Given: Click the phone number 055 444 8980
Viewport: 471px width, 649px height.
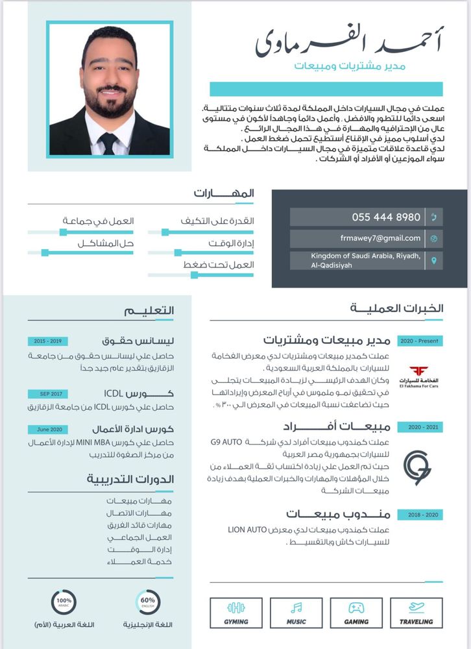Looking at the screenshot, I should [x=386, y=217].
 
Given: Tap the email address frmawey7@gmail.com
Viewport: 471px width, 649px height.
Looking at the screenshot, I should [x=380, y=238].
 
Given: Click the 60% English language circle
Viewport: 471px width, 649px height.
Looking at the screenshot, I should [x=147, y=602].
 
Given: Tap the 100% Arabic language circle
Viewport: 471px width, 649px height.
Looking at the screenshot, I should [x=64, y=602].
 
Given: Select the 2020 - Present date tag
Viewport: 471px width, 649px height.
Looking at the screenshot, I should [x=420, y=341].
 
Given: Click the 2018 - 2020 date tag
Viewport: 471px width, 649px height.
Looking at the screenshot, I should [x=420, y=515].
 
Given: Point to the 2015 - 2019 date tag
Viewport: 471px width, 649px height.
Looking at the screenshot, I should [x=48, y=341].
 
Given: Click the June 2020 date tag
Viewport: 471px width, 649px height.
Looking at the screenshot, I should [x=48, y=430].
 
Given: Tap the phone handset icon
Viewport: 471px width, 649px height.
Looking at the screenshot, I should [x=433, y=217].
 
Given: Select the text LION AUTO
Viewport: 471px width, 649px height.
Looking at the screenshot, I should [x=245, y=530].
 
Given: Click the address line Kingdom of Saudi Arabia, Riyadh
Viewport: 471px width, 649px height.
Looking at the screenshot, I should [x=366, y=256].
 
